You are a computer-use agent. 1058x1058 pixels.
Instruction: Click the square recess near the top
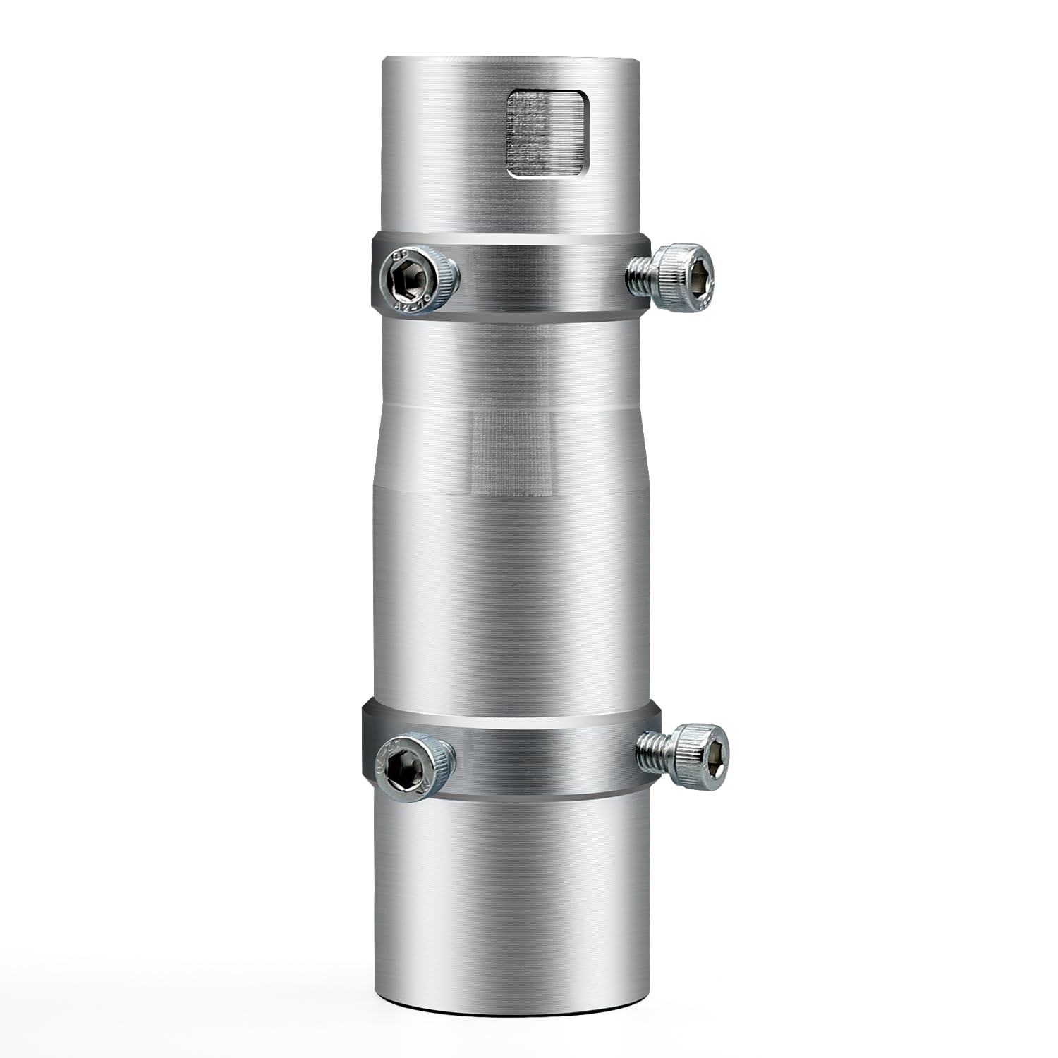click(547, 133)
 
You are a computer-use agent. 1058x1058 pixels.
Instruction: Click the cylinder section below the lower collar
click(512, 903)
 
